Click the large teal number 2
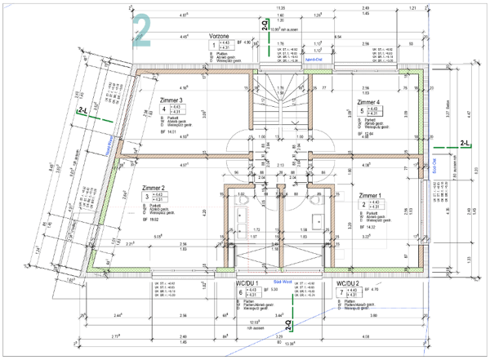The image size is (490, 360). pyautogui.click(x=143, y=30)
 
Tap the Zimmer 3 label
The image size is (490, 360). pyautogui.click(x=171, y=100)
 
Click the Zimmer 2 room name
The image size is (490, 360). pyautogui.click(x=154, y=187)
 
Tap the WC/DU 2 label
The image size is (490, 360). pyautogui.click(x=349, y=282)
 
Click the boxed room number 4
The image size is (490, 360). pyautogui.click(x=163, y=109)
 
